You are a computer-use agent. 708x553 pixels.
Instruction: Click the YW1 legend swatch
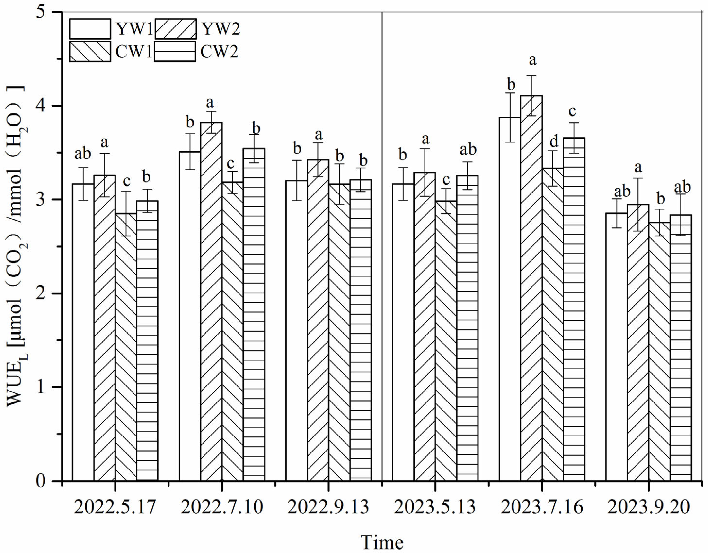[90, 29]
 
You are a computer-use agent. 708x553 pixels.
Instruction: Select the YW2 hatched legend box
[175, 29]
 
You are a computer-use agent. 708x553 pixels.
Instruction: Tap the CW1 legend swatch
[90, 51]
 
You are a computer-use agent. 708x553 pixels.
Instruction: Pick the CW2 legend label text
[219, 51]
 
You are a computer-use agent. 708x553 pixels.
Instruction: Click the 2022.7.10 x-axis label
[222, 507]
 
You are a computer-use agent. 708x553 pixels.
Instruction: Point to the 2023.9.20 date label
[648, 507]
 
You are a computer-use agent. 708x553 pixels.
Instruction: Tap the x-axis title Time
[382, 542]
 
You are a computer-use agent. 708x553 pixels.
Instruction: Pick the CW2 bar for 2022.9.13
[361, 330]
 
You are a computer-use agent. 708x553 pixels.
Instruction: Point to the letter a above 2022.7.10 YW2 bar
[210, 103]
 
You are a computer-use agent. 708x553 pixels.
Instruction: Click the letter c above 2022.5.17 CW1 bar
[126, 181]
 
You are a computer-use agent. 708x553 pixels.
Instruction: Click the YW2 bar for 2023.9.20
[638, 343]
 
